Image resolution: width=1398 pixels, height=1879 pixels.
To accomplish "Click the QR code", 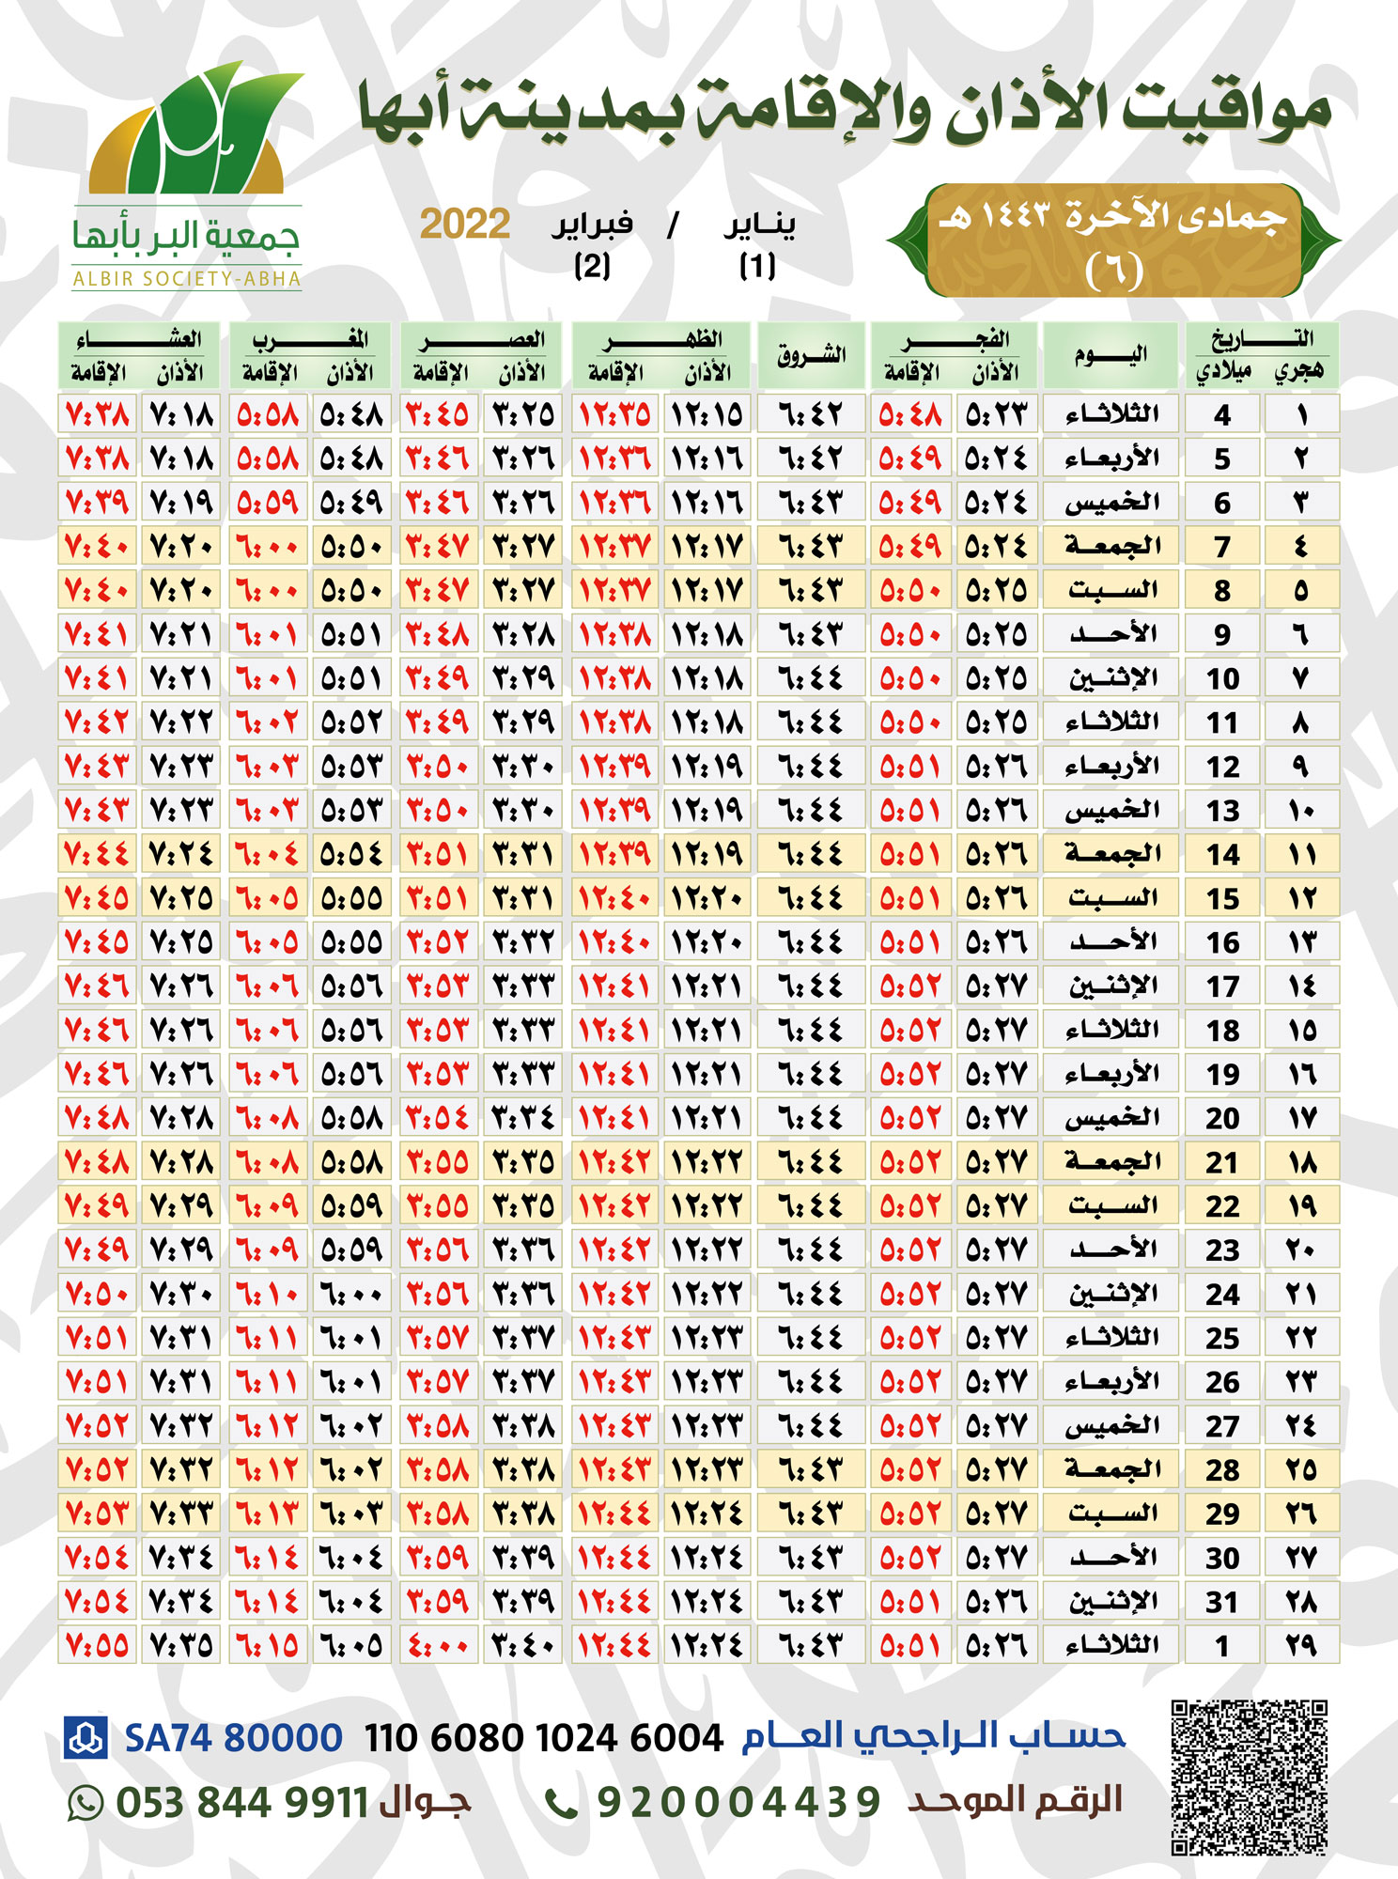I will coord(1249,1777).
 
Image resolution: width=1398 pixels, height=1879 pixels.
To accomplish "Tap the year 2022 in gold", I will coord(465,225).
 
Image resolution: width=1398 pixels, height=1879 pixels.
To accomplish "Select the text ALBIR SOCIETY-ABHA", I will coord(187,279).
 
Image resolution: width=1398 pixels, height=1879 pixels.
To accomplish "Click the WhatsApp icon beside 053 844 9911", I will coord(85,1803).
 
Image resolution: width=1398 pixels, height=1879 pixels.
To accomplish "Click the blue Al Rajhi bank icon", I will coord(86,1737).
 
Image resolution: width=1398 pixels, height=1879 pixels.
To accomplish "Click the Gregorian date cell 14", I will coord(1222,854).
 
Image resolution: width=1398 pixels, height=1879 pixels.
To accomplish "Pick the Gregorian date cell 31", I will coord(1222,1601).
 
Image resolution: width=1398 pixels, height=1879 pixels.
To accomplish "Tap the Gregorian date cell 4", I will coord(1222,414).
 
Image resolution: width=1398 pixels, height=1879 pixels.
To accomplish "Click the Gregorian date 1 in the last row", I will coord(1222,1645).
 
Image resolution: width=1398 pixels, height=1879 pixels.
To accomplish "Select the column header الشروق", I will coord(811,354).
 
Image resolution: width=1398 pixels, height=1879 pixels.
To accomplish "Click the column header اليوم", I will coord(1111,354).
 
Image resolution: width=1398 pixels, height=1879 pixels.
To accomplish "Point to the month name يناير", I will coord(759,225).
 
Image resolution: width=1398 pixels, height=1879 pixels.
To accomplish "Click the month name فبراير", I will coord(592,225).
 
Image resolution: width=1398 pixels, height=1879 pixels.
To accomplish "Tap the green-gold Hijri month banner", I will coord(1113,241).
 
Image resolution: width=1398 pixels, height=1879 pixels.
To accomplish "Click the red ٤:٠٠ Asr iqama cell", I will coord(437,1645).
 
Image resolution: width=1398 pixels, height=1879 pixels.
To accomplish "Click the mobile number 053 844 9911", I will coord(241,1803).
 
